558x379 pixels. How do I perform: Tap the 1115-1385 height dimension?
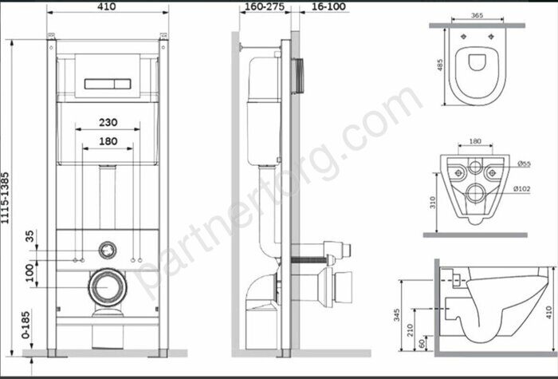5,198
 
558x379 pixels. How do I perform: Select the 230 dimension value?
108,123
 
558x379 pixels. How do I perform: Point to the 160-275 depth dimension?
265,6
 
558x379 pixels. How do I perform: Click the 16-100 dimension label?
328,6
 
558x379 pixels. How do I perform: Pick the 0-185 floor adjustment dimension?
26,325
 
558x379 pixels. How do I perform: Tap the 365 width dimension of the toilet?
477,15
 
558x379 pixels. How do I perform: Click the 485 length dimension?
440,65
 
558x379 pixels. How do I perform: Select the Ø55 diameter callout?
524,164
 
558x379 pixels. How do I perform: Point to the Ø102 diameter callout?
521,189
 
